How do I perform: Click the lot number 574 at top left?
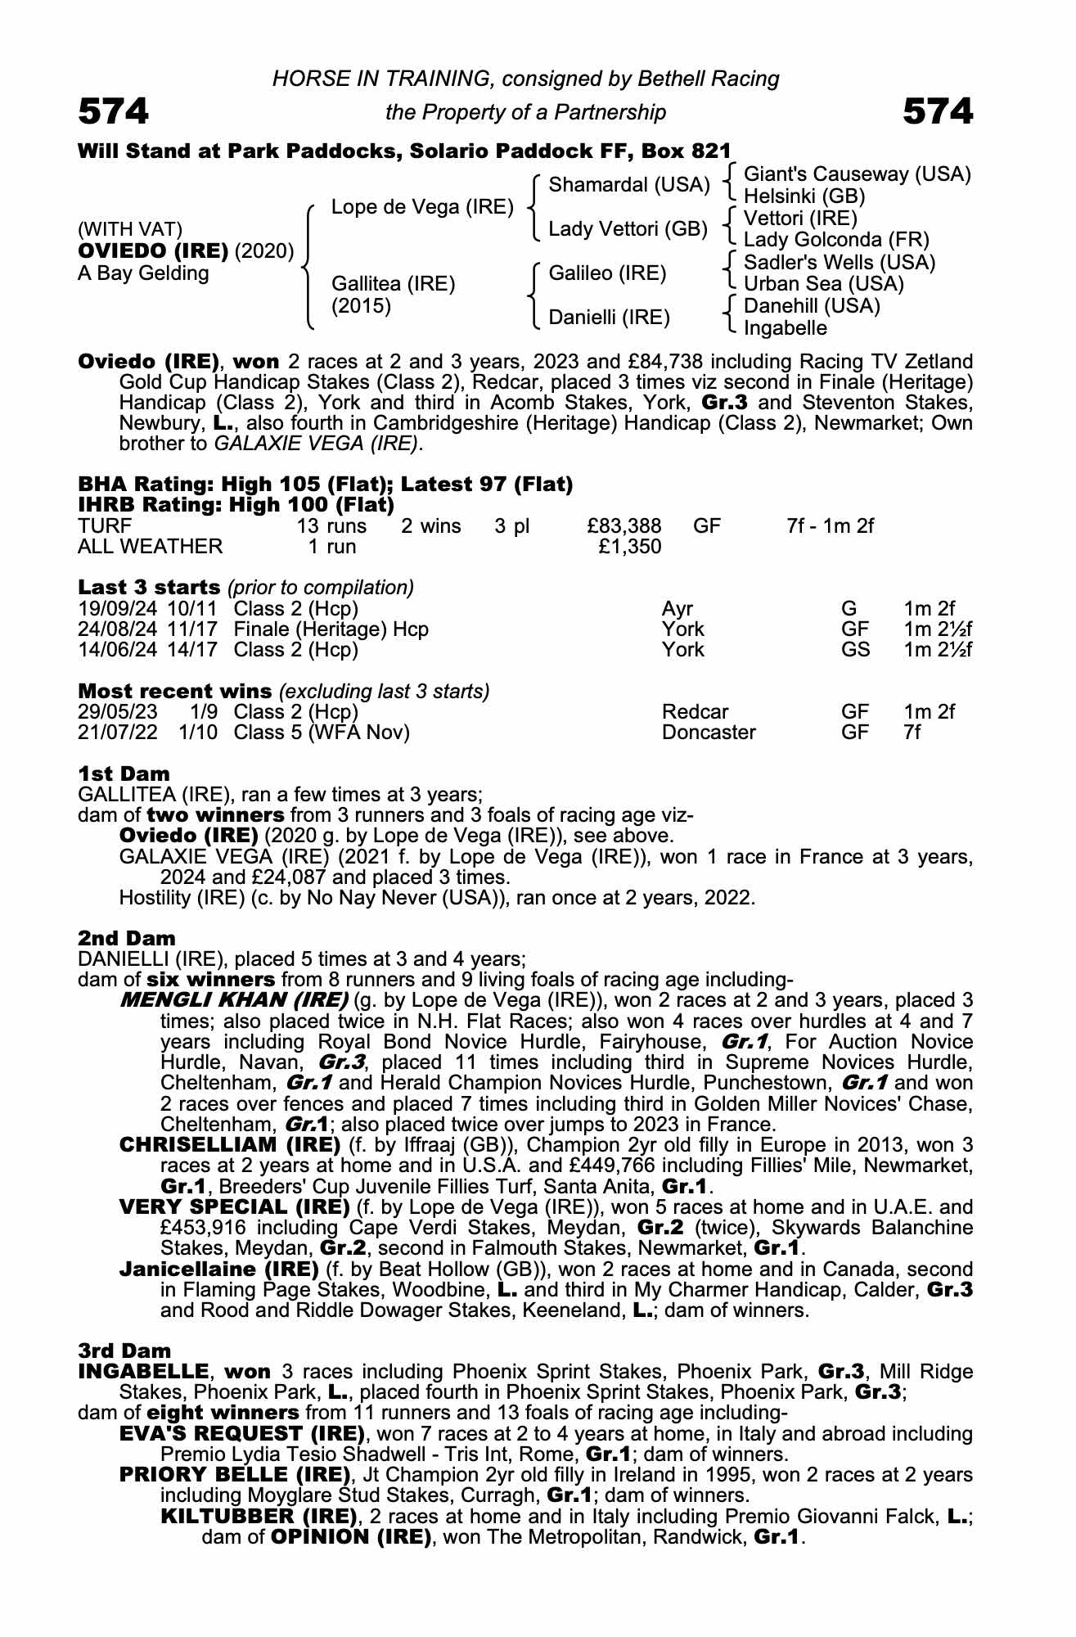click(114, 111)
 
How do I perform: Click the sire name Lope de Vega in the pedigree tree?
click(421, 208)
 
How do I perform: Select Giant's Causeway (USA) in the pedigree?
click(857, 174)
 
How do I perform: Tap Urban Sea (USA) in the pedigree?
click(823, 284)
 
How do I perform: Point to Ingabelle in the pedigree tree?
click(785, 328)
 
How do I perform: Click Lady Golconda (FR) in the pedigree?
click(836, 240)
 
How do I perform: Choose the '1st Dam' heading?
click(124, 773)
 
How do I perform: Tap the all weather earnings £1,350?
click(629, 546)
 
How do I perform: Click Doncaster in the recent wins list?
click(709, 732)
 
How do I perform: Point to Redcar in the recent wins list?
click(695, 712)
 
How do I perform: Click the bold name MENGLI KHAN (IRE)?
click(234, 1000)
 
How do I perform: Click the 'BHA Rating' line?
click(325, 485)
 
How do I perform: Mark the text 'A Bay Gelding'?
click(143, 273)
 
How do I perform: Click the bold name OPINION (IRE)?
click(351, 1536)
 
